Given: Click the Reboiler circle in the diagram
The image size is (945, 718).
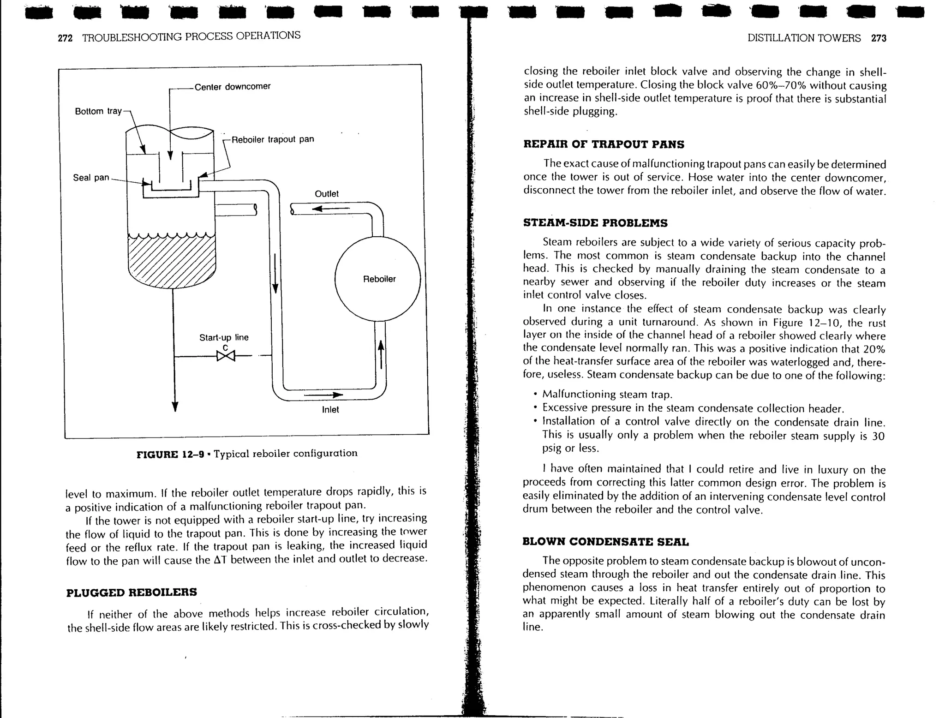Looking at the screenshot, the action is tap(377, 279).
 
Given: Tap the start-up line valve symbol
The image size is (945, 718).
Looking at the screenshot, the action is tap(226, 356).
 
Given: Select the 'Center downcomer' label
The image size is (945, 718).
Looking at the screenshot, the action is tap(232, 87).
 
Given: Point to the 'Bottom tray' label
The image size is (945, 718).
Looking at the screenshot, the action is tap(98, 111).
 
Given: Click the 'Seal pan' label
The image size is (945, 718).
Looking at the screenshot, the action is tap(91, 178).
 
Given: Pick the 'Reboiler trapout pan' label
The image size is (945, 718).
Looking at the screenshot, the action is tap(272, 139).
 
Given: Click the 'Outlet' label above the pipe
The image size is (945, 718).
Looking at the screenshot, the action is tap(326, 194).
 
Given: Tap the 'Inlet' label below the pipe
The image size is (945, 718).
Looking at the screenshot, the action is tap(330, 410).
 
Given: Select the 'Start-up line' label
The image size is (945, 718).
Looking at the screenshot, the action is tap(224, 337).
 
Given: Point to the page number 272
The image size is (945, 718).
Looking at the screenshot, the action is tap(65, 38).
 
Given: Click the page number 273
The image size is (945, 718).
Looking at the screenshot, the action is tap(879, 38).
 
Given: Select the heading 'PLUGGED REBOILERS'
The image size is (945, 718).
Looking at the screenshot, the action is tap(132, 592).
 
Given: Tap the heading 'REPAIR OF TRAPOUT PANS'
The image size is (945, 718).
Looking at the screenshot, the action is tap(604, 144).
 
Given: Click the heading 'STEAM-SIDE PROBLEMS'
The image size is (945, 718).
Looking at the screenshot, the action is tap(595, 223).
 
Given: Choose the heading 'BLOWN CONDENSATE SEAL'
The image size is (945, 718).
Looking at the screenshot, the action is tap(605, 542).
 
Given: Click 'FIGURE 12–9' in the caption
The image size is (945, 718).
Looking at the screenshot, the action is tap(170, 454).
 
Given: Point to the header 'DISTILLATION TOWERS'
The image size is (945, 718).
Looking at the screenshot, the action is tap(804, 38).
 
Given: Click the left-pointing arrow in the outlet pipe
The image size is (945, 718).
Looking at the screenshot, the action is tap(330, 209).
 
